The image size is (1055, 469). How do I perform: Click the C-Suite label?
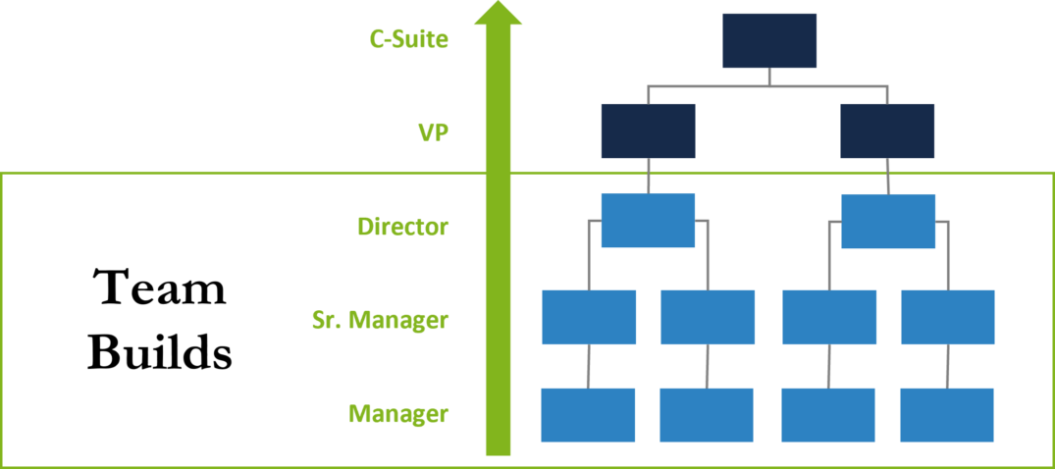pos(408,40)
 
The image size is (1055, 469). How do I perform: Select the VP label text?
pos(433,131)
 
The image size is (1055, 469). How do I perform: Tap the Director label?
pos(402,227)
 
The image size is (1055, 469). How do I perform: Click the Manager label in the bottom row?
pos(397,414)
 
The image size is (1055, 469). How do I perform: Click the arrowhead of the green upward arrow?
pos(498,14)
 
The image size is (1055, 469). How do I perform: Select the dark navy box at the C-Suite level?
pos(769,40)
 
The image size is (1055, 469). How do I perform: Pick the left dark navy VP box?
pos(648,130)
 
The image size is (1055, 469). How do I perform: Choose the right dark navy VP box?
pos(887,130)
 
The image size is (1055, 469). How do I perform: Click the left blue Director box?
pos(648,220)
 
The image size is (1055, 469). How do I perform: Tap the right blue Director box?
pos(888,221)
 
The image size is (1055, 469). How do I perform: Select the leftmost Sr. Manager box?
pos(589,317)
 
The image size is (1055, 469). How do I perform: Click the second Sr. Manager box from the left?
pos(708,317)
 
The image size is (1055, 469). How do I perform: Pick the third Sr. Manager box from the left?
pos(829,317)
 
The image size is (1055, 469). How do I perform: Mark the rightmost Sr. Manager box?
pos(948,317)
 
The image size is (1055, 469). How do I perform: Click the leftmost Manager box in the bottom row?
pos(588,415)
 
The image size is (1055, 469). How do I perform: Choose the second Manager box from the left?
pos(707,415)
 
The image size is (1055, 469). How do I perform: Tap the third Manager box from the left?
pos(828,415)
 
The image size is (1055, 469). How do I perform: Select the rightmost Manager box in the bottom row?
pos(947,415)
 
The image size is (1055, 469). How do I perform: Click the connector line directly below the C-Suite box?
pos(769,77)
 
